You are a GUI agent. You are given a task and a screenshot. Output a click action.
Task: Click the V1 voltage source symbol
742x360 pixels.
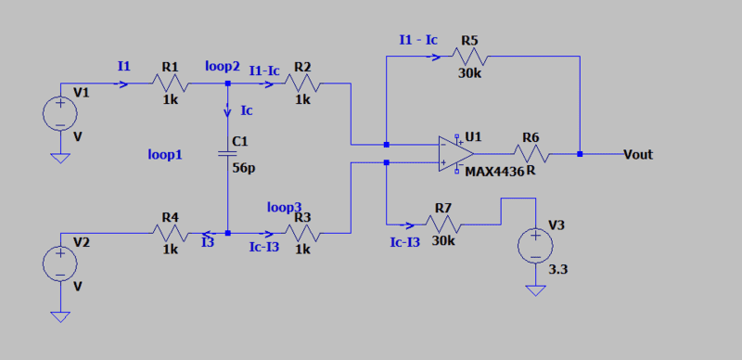pos(60,114)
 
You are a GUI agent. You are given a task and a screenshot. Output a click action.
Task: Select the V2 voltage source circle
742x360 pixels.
pos(60,264)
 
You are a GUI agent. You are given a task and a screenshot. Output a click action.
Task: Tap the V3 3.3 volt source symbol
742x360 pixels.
pos(535,246)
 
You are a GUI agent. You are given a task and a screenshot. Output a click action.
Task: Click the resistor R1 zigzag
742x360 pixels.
pos(171,84)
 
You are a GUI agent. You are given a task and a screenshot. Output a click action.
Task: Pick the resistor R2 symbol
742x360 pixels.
pos(303,84)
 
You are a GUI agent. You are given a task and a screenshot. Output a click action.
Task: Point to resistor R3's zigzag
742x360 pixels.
pos(303,233)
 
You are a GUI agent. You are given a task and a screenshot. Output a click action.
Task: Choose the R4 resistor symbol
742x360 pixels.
pos(171,233)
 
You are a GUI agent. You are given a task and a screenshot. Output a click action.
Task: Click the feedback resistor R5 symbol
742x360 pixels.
pos(469,57)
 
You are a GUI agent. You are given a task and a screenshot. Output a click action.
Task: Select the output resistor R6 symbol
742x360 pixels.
pos(531,153)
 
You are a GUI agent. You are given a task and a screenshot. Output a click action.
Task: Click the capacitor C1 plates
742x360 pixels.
pos(227,153)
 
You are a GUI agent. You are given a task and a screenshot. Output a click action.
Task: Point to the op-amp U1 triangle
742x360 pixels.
pos(456,153)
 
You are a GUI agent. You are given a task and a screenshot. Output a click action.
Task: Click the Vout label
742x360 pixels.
pos(638,154)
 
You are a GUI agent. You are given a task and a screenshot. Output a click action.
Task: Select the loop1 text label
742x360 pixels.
pos(165,155)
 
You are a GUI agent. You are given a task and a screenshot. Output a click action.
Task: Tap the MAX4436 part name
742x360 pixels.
pos(495,172)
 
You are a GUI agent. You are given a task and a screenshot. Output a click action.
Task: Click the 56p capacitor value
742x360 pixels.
pos(241,167)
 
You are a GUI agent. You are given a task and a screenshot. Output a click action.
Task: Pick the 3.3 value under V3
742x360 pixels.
pos(558,271)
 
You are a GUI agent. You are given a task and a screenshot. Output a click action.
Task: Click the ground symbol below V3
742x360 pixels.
pos(535,290)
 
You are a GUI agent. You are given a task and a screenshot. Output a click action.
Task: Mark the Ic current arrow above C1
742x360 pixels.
pos(227,111)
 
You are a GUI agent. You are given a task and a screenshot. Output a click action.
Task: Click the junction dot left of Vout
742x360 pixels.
pos(580,153)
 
